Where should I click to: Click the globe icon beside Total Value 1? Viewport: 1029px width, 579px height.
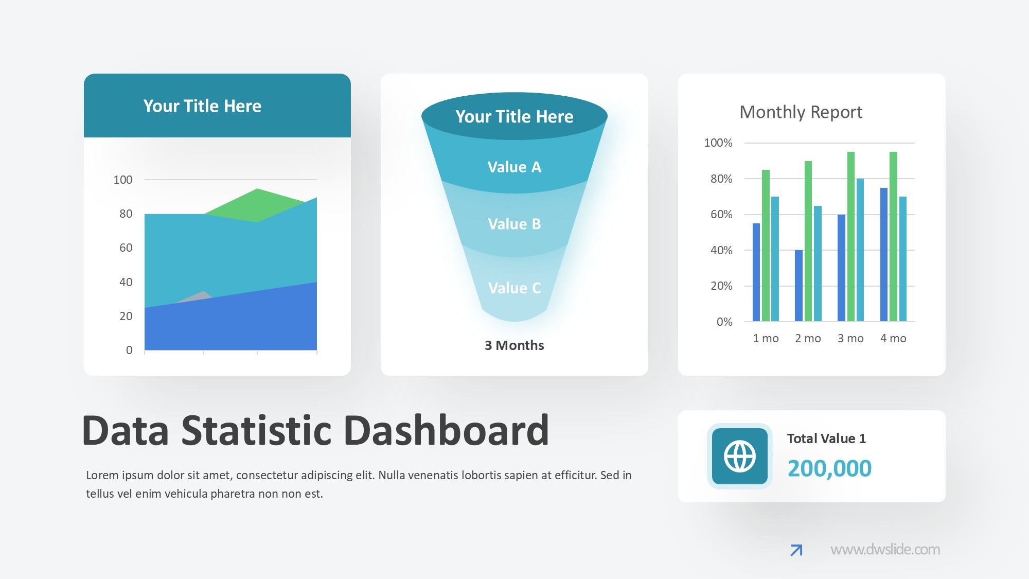point(740,456)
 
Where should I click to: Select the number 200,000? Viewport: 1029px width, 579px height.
point(829,468)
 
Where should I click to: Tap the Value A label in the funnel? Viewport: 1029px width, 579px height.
point(514,167)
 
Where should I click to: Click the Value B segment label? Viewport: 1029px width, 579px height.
point(514,224)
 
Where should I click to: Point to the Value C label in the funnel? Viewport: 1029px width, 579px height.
point(514,288)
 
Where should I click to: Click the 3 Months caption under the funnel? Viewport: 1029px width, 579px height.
point(514,345)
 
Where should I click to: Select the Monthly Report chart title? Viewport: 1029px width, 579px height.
point(801,112)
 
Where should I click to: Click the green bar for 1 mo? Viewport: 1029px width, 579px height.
point(766,245)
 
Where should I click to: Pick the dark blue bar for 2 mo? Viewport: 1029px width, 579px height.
point(799,286)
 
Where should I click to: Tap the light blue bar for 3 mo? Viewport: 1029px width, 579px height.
point(860,250)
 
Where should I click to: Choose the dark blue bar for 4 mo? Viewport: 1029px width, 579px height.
point(884,255)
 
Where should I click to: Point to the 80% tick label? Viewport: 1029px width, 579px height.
point(721,179)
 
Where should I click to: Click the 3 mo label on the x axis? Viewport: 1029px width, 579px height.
point(850,338)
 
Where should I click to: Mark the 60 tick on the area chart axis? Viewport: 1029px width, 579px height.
point(126,248)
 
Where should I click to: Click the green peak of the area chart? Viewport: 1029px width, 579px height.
point(257,201)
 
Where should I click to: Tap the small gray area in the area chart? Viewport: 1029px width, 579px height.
point(200,297)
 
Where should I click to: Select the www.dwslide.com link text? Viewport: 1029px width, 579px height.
point(885,549)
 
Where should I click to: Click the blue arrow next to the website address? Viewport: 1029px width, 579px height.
point(796,550)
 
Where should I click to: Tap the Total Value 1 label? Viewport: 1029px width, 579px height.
point(826,438)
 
